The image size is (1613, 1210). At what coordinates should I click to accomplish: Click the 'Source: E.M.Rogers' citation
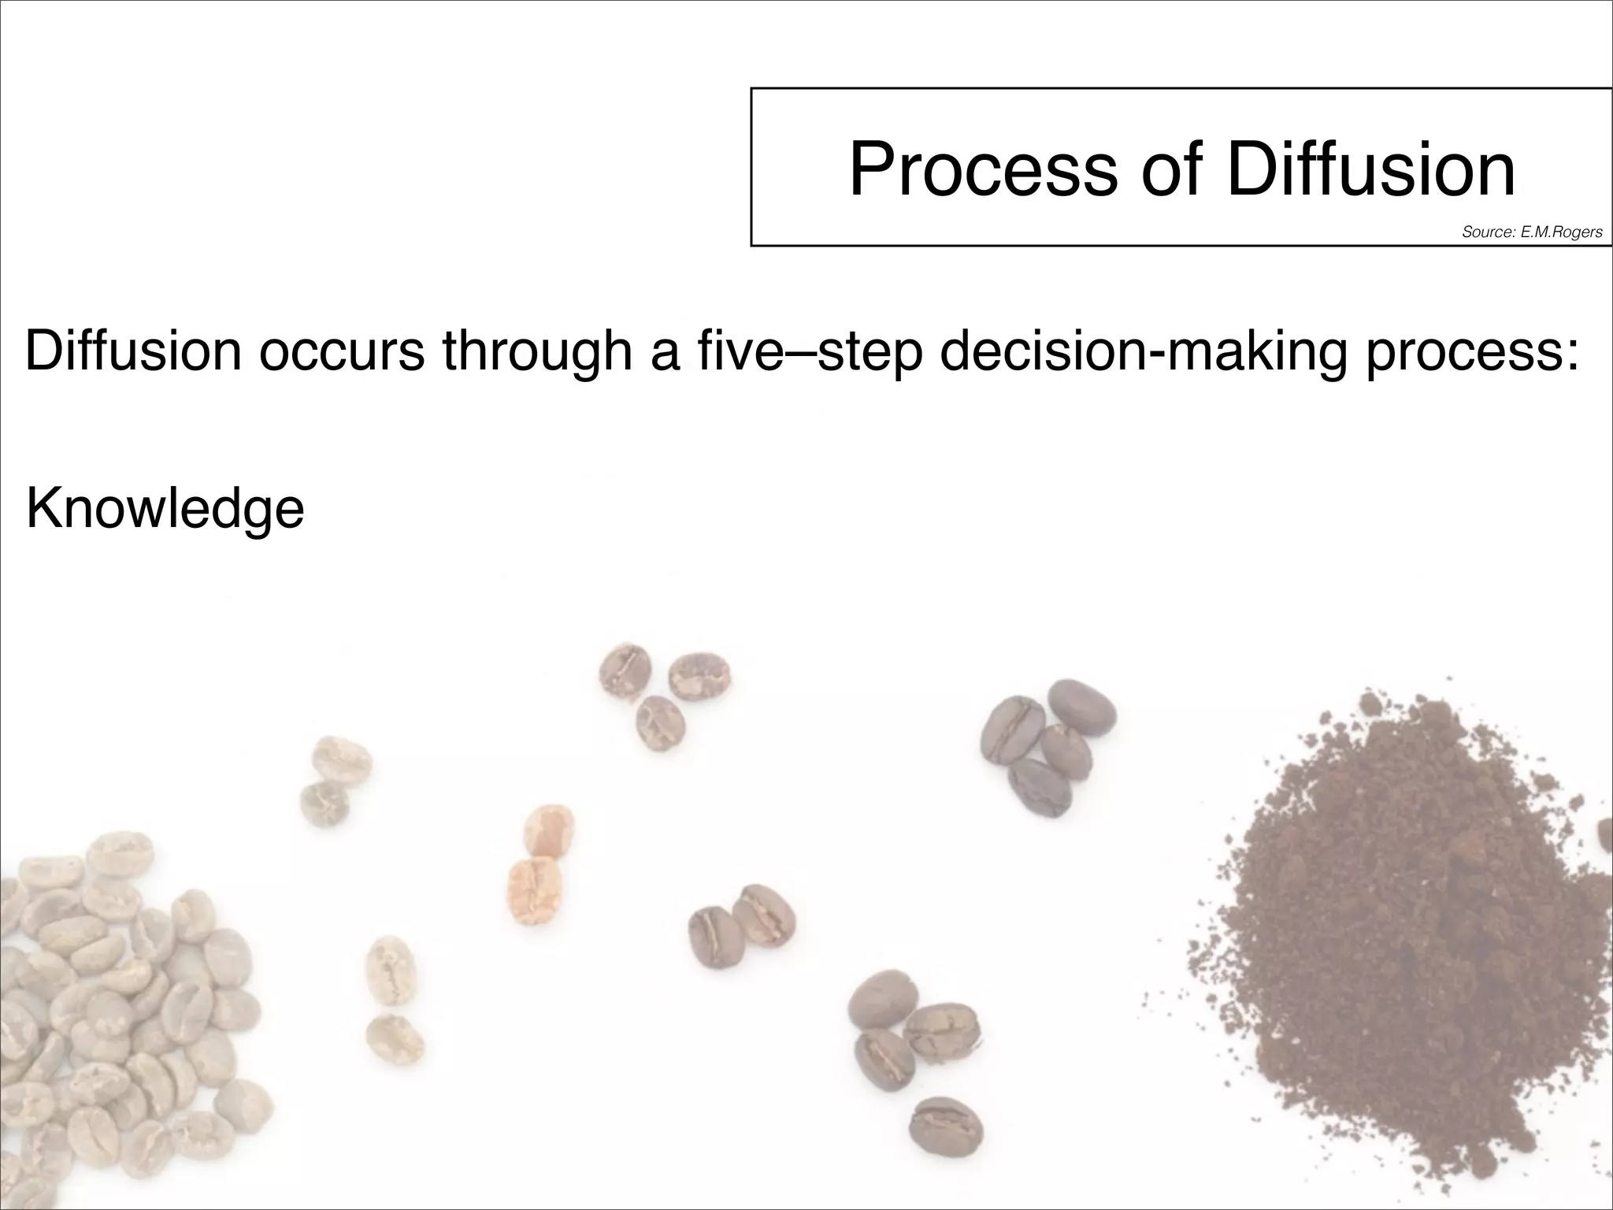(1532, 232)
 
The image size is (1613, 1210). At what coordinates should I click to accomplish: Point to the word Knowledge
(165, 510)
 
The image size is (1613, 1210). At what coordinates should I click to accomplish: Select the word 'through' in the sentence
(537, 352)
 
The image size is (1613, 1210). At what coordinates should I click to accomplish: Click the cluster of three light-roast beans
(662, 693)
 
